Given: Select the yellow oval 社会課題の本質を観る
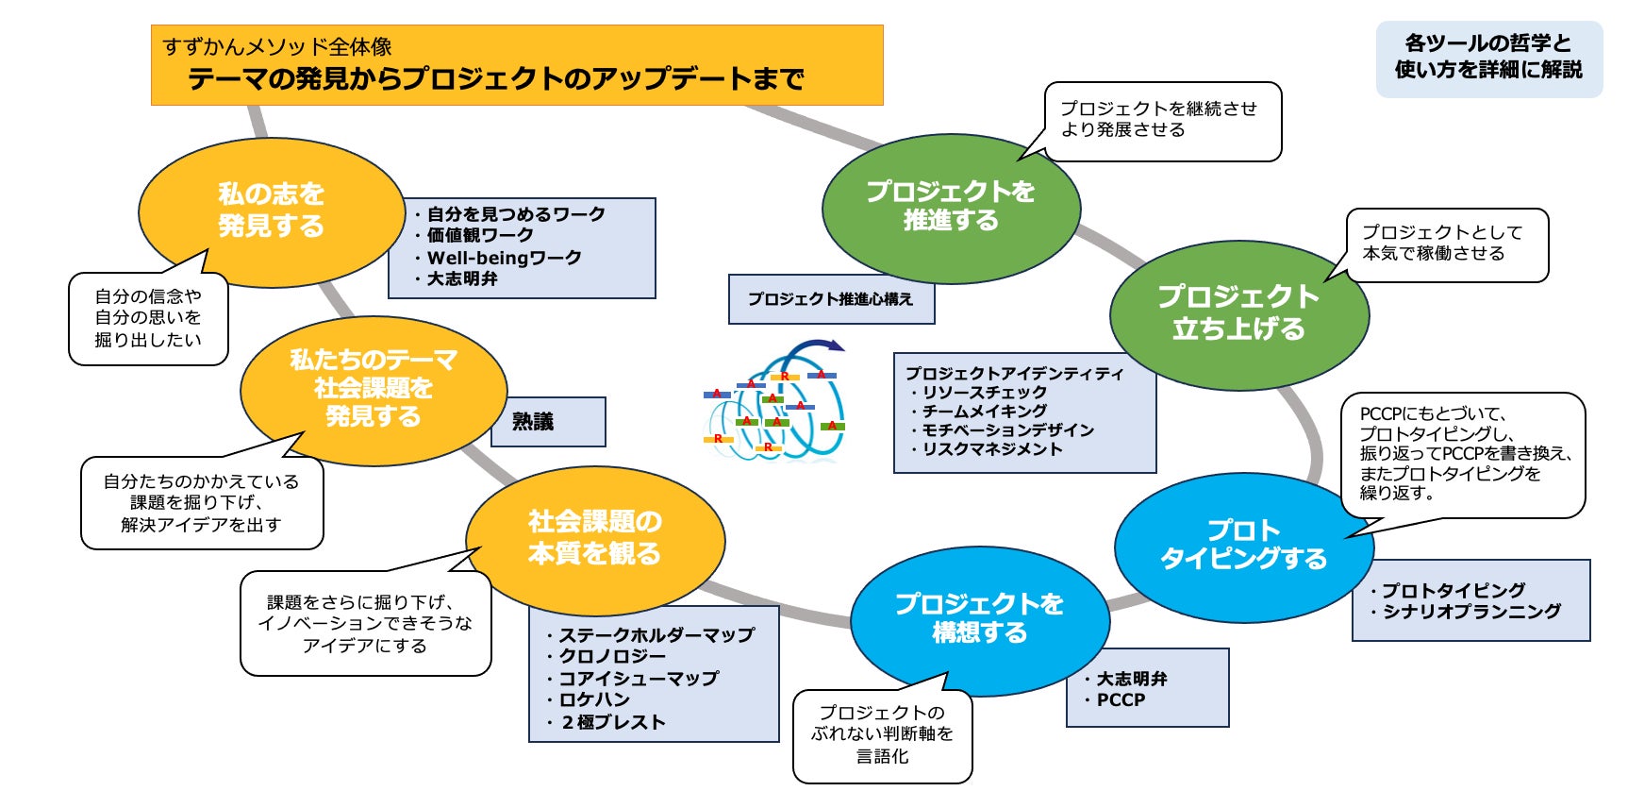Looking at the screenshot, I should tap(594, 538).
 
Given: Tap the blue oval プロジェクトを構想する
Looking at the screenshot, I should tap(979, 618).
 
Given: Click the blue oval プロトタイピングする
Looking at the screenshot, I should tap(1243, 545).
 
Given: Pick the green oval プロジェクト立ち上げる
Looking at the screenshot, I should tap(1238, 313).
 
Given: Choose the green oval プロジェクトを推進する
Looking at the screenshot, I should tap(951, 207).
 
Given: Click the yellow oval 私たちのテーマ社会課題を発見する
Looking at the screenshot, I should tap(374, 388).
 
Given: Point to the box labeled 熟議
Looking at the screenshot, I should tap(547, 422).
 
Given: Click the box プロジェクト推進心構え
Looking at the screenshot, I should tap(831, 299).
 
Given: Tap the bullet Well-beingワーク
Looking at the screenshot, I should tap(504, 258).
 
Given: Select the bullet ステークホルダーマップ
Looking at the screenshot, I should tap(656, 635).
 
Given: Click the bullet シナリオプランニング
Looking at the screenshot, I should tap(1471, 612).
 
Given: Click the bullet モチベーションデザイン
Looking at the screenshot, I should tap(1007, 430).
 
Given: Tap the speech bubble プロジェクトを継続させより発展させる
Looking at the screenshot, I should tap(1162, 120).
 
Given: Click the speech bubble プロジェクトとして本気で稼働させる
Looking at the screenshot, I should tap(1447, 244).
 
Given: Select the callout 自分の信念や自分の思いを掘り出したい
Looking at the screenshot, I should tap(148, 318).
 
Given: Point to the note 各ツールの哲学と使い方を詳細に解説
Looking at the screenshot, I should tap(1488, 58).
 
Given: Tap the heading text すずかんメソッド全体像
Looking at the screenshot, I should tap(277, 46).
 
